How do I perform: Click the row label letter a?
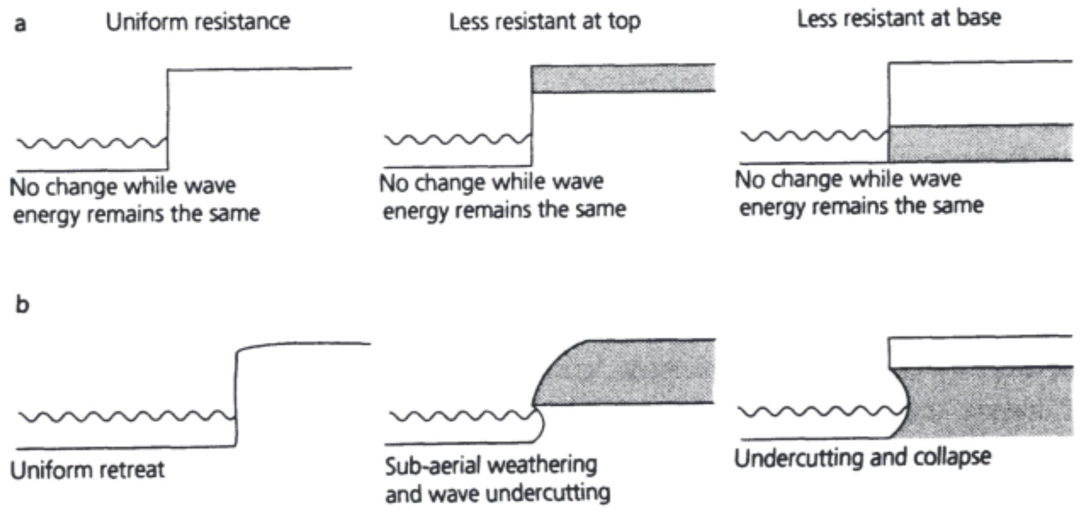(x=20, y=24)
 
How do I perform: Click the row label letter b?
(x=22, y=304)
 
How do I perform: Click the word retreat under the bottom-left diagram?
(x=133, y=470)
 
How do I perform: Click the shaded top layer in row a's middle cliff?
(x=623, y=78)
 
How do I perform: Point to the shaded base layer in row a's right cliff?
(x=980, y=144)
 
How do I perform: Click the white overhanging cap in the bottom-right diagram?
(x=980, y=351)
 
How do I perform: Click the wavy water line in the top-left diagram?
(x=91, y=144)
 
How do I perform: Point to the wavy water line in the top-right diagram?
(x=813, y=136)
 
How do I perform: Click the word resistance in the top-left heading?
(x=239, y=22)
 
